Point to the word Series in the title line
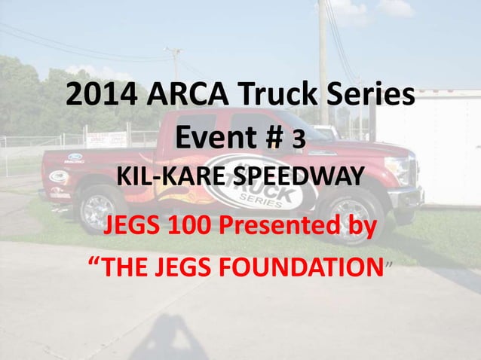(377, 96)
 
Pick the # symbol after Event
(274, 139)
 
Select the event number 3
(299, 140)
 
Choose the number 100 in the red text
(195, 224)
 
